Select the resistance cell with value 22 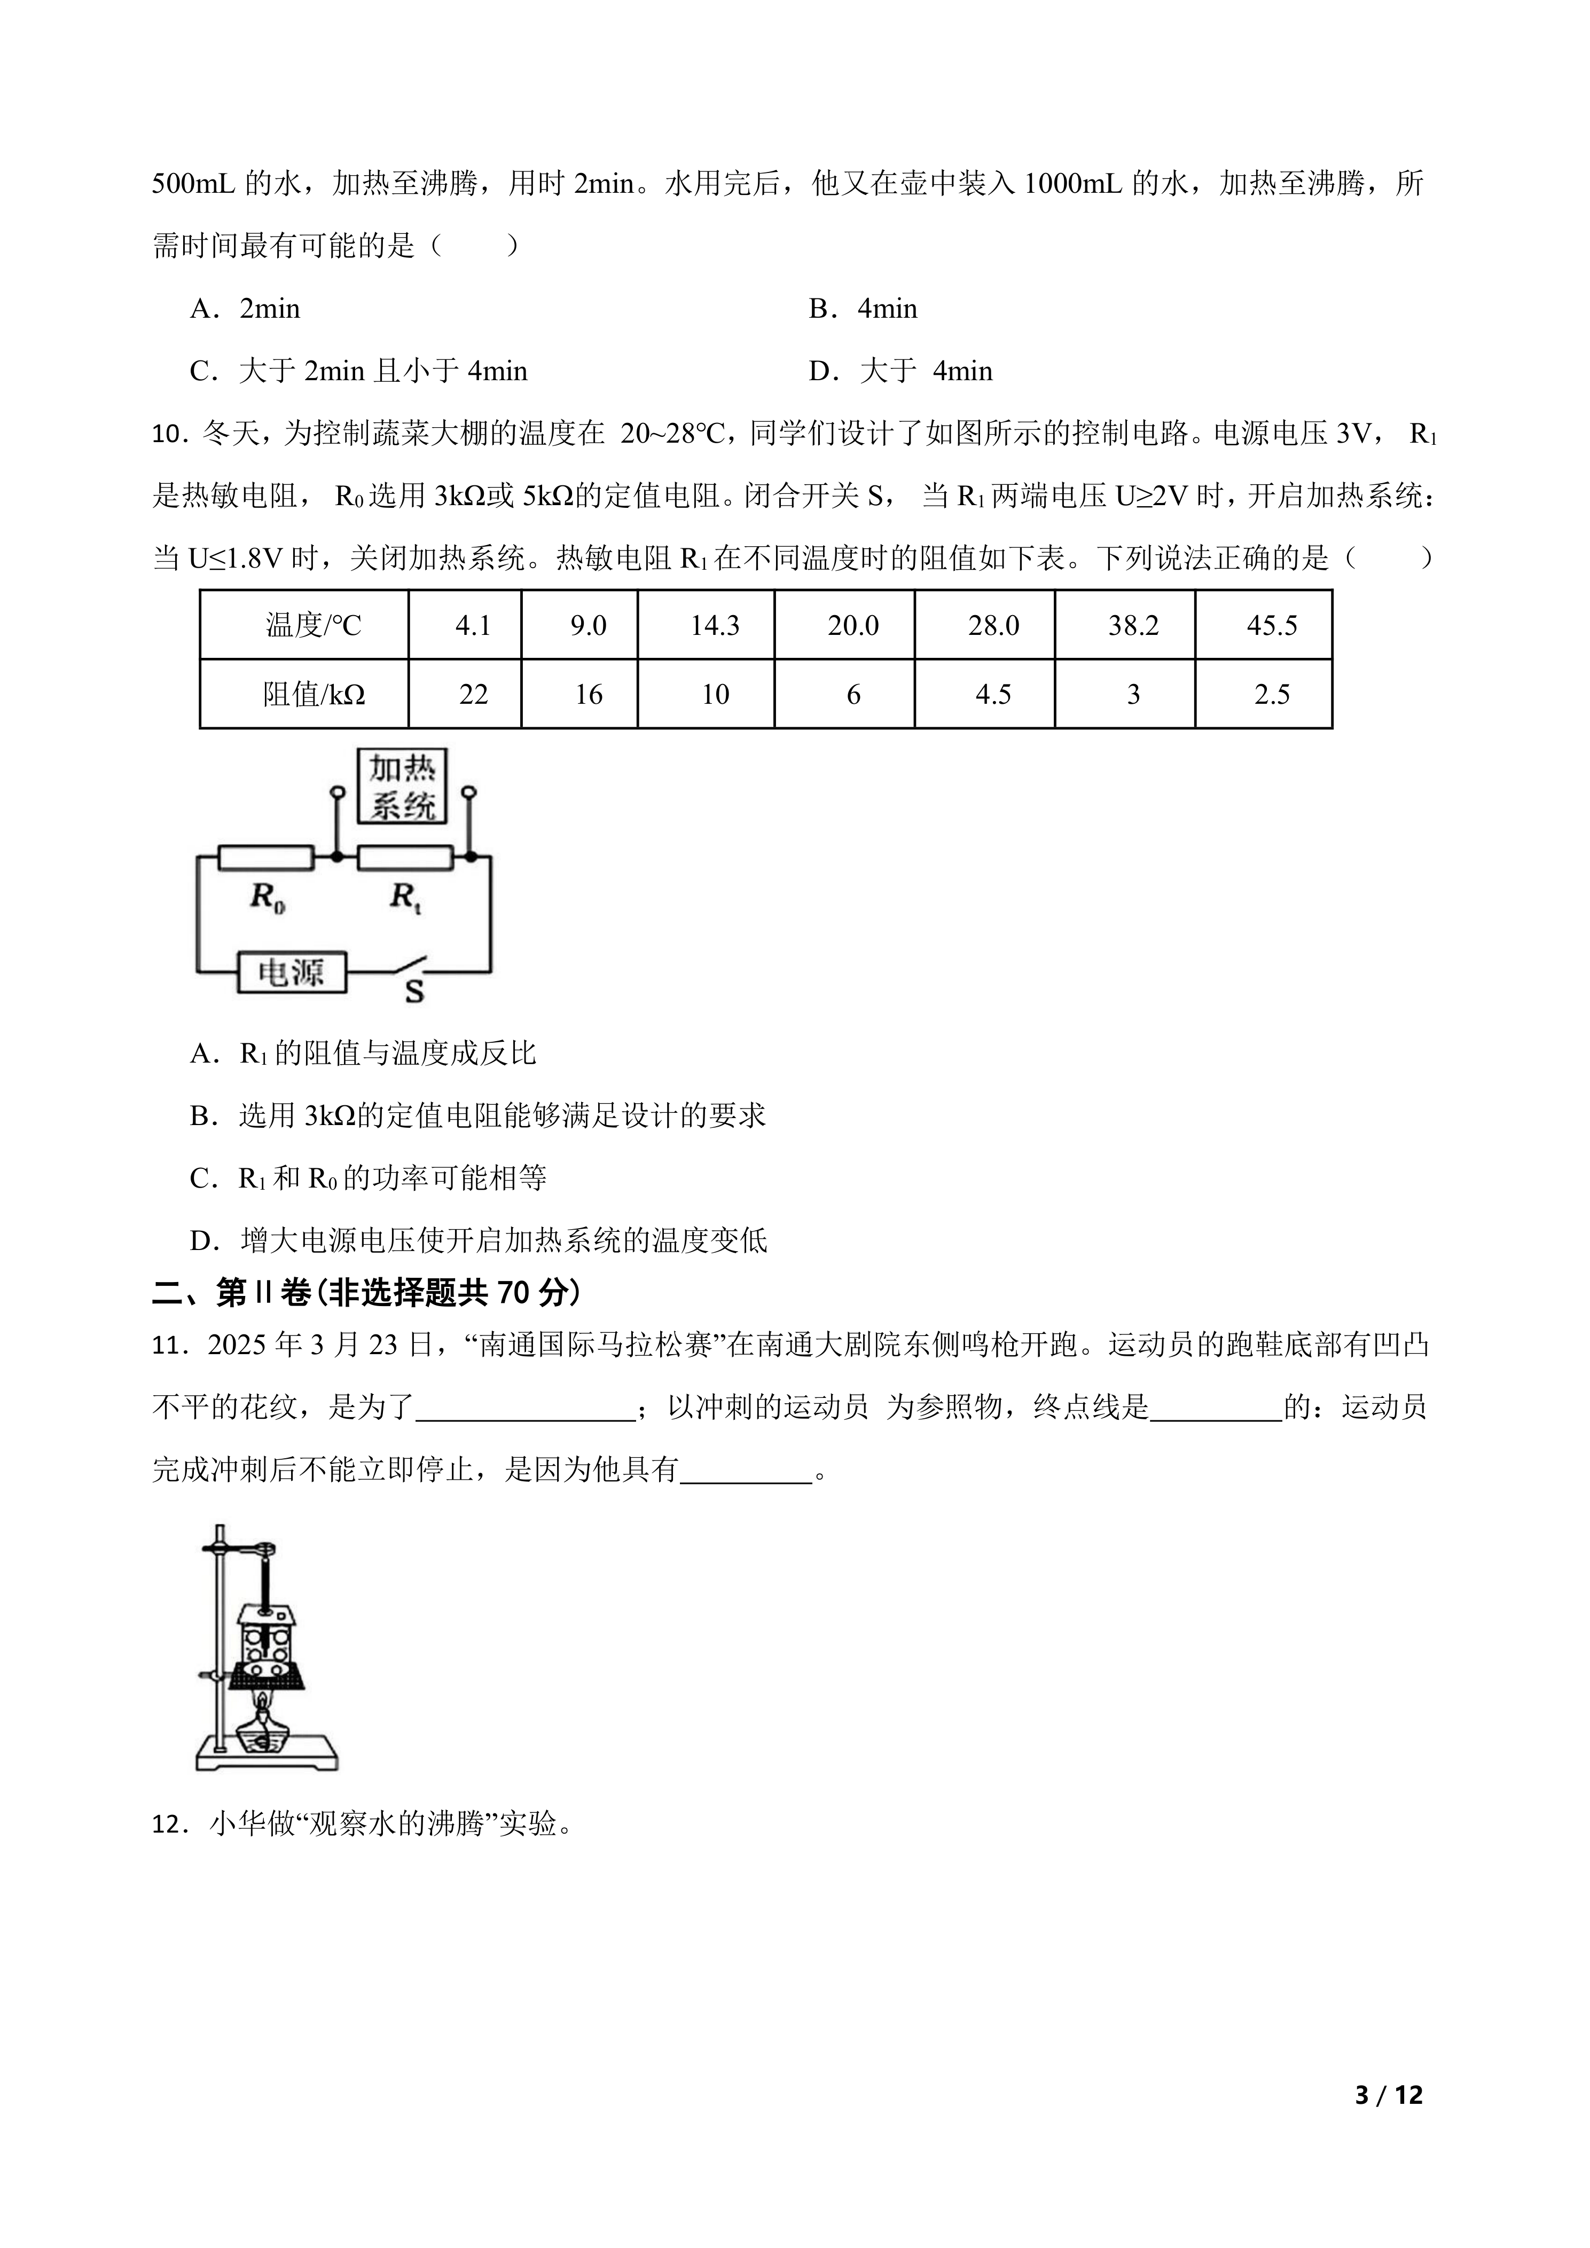[473, 694]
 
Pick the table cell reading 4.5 [993, 694]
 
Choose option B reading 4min [863, 309]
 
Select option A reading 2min [245, 309]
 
